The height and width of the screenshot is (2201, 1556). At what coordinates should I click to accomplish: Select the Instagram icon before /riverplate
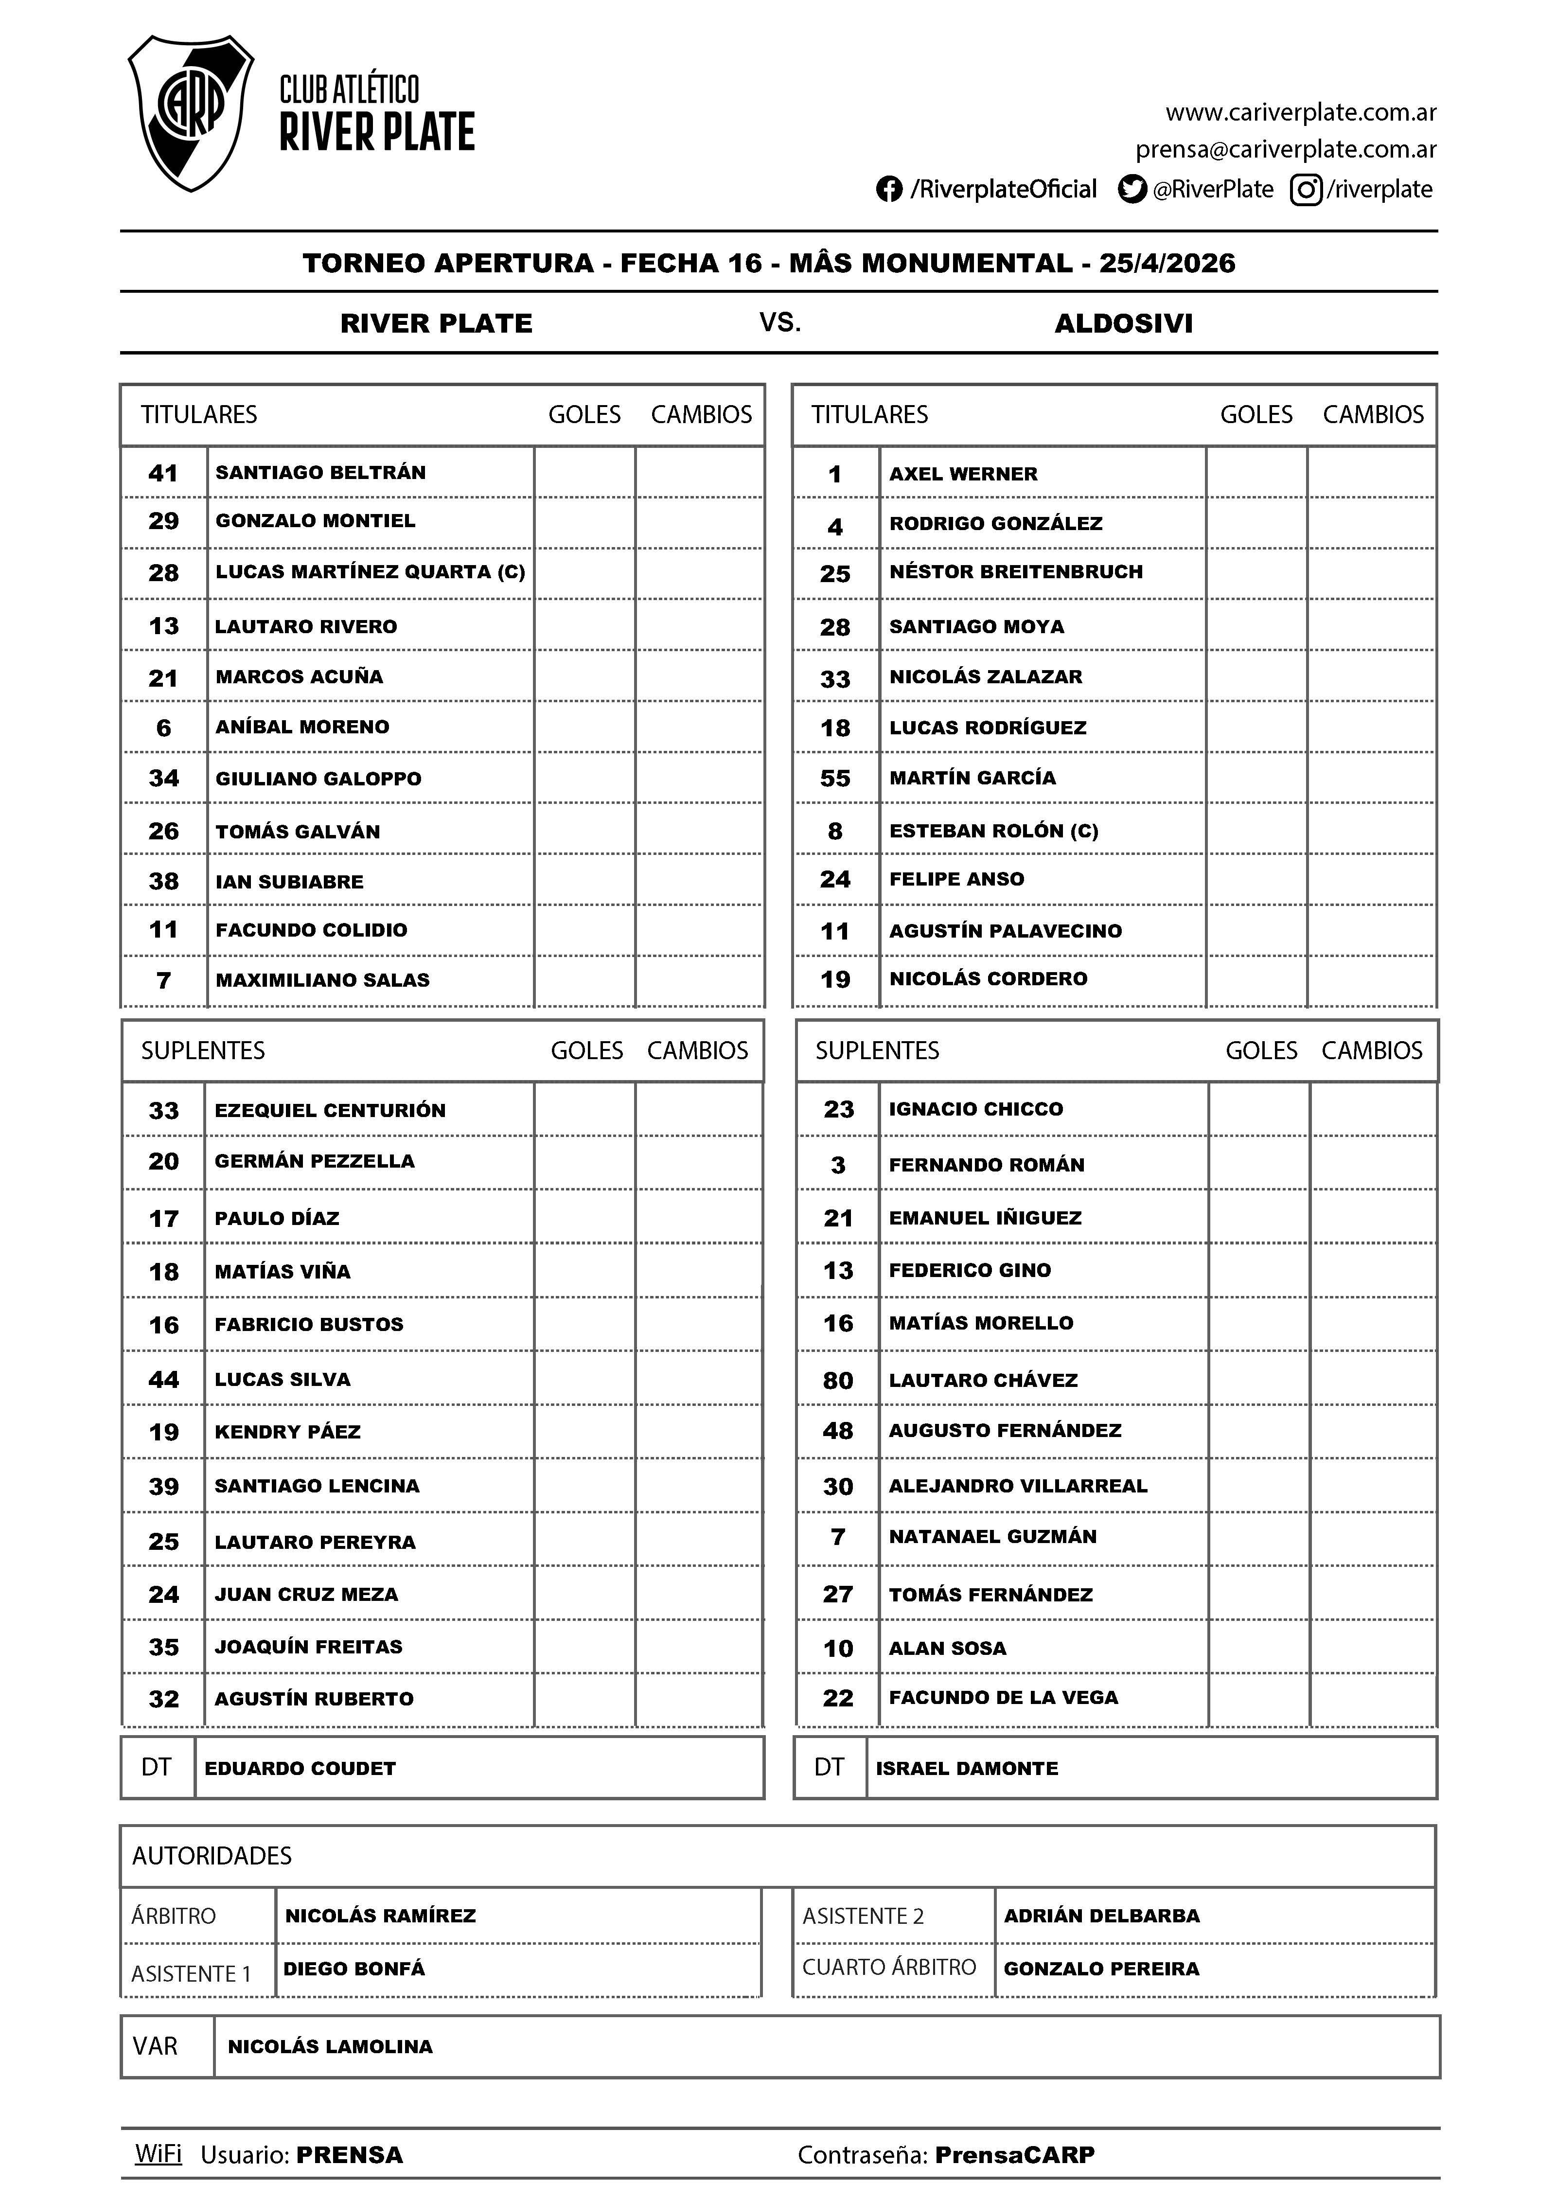click(1306, 190)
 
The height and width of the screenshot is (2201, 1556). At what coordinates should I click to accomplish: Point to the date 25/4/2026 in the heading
click(1167, 264)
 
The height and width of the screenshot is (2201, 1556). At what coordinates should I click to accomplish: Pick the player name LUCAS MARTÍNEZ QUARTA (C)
click(370, 572)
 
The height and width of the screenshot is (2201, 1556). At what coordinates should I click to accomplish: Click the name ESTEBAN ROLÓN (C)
click(993, 831)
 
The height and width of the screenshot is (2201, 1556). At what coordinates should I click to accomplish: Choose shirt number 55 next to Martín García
click(835, 779)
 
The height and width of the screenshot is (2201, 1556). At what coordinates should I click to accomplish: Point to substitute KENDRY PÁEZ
click(287, 1432)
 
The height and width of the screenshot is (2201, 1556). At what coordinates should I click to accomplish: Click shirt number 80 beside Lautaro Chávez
click(838, 1381)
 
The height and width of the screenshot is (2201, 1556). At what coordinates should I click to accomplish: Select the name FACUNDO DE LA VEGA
click(1003, 1698)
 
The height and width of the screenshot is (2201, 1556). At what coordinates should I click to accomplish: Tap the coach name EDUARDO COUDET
click(300, 1769)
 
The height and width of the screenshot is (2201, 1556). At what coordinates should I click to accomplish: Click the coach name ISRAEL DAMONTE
click(966, 1769)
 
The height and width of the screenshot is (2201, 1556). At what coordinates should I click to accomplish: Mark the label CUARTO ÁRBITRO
click(889, 1967)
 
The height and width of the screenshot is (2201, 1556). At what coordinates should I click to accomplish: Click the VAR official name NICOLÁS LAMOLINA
click(330, 2047)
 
